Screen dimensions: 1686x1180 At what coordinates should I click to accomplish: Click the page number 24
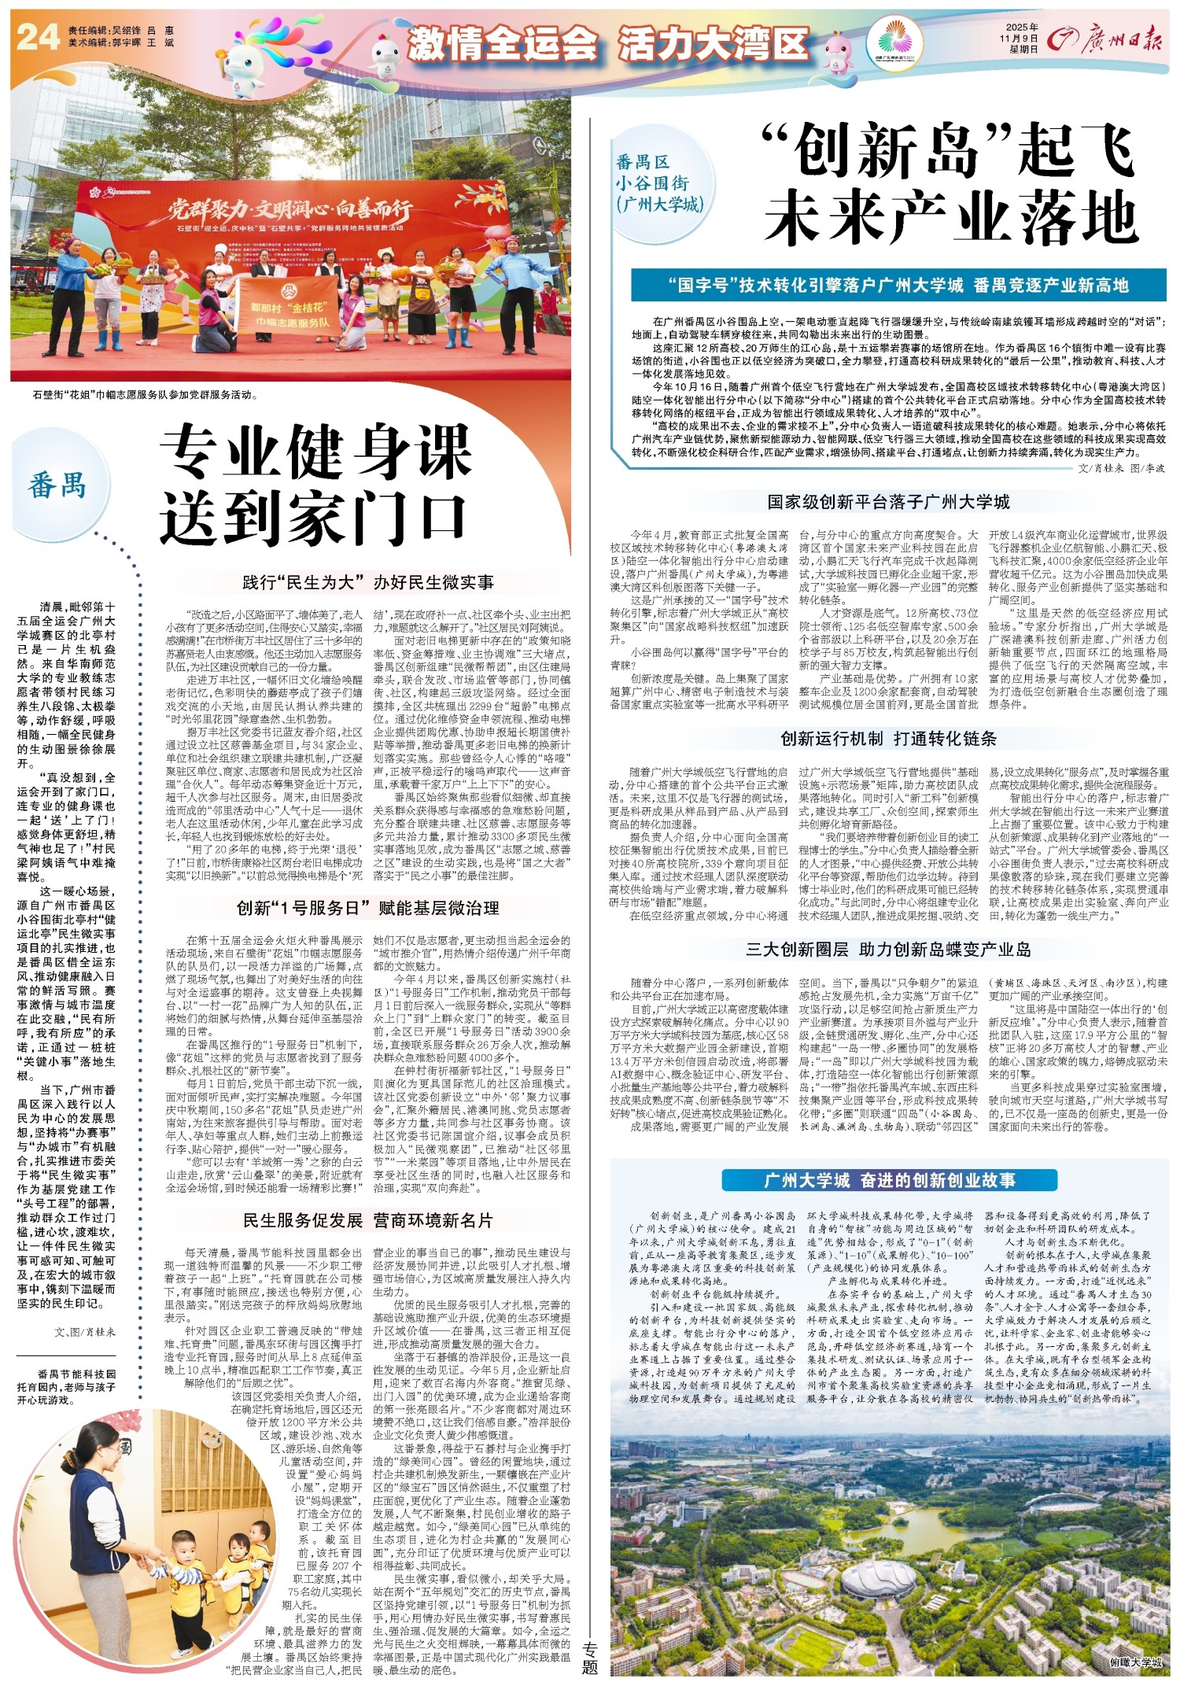[38, 37]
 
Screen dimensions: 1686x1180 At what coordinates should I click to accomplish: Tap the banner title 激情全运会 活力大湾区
[608, 43]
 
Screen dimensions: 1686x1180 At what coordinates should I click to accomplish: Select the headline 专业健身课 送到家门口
[315, 485]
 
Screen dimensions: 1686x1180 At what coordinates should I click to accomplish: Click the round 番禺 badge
[57, 485]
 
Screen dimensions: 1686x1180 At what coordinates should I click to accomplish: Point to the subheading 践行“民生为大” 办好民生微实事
[368, 582]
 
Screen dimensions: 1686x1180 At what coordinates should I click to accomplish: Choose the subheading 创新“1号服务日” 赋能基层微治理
[367, 908]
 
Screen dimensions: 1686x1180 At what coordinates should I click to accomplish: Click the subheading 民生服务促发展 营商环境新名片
[367, 1220]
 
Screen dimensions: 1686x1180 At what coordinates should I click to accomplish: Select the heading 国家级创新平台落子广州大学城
[888, 502]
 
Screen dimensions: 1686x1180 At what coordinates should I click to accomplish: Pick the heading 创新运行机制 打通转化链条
[888, 738]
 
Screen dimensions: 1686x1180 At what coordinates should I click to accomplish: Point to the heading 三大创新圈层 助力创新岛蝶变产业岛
[888, 949]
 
